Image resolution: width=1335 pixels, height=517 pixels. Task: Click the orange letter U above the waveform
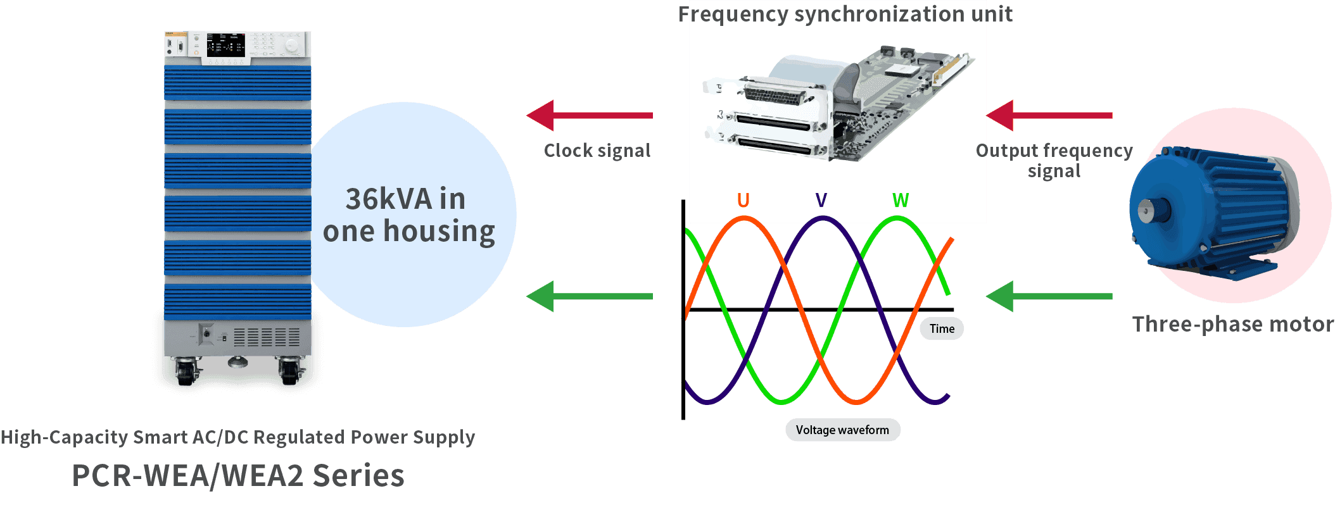tap(743, 201)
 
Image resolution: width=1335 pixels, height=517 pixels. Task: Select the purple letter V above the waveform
tap(821, 201)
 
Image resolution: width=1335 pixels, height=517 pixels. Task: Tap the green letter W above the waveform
tap(900, 201)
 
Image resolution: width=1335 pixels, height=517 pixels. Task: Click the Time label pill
tap(942, 328)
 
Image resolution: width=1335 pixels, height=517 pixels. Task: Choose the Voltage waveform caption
tap(842, 430)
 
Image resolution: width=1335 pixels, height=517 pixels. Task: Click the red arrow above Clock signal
tap(589, 115)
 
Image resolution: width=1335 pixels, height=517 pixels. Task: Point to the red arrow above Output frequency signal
tap(1049, 115)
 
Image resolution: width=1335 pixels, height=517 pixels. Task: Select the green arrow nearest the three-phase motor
tap(1049, 296)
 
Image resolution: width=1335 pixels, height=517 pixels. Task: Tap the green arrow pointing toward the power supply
tap(589, 296)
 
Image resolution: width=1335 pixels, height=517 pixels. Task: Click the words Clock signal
tap(597, 151)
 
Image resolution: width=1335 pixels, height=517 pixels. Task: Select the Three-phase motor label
tap(1232, 324)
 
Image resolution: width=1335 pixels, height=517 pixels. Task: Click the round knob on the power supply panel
tap(291, 46)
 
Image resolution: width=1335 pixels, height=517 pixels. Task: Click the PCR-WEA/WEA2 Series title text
tap(237, 476)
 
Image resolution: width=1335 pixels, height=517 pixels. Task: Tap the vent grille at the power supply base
tap(267, 337)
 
